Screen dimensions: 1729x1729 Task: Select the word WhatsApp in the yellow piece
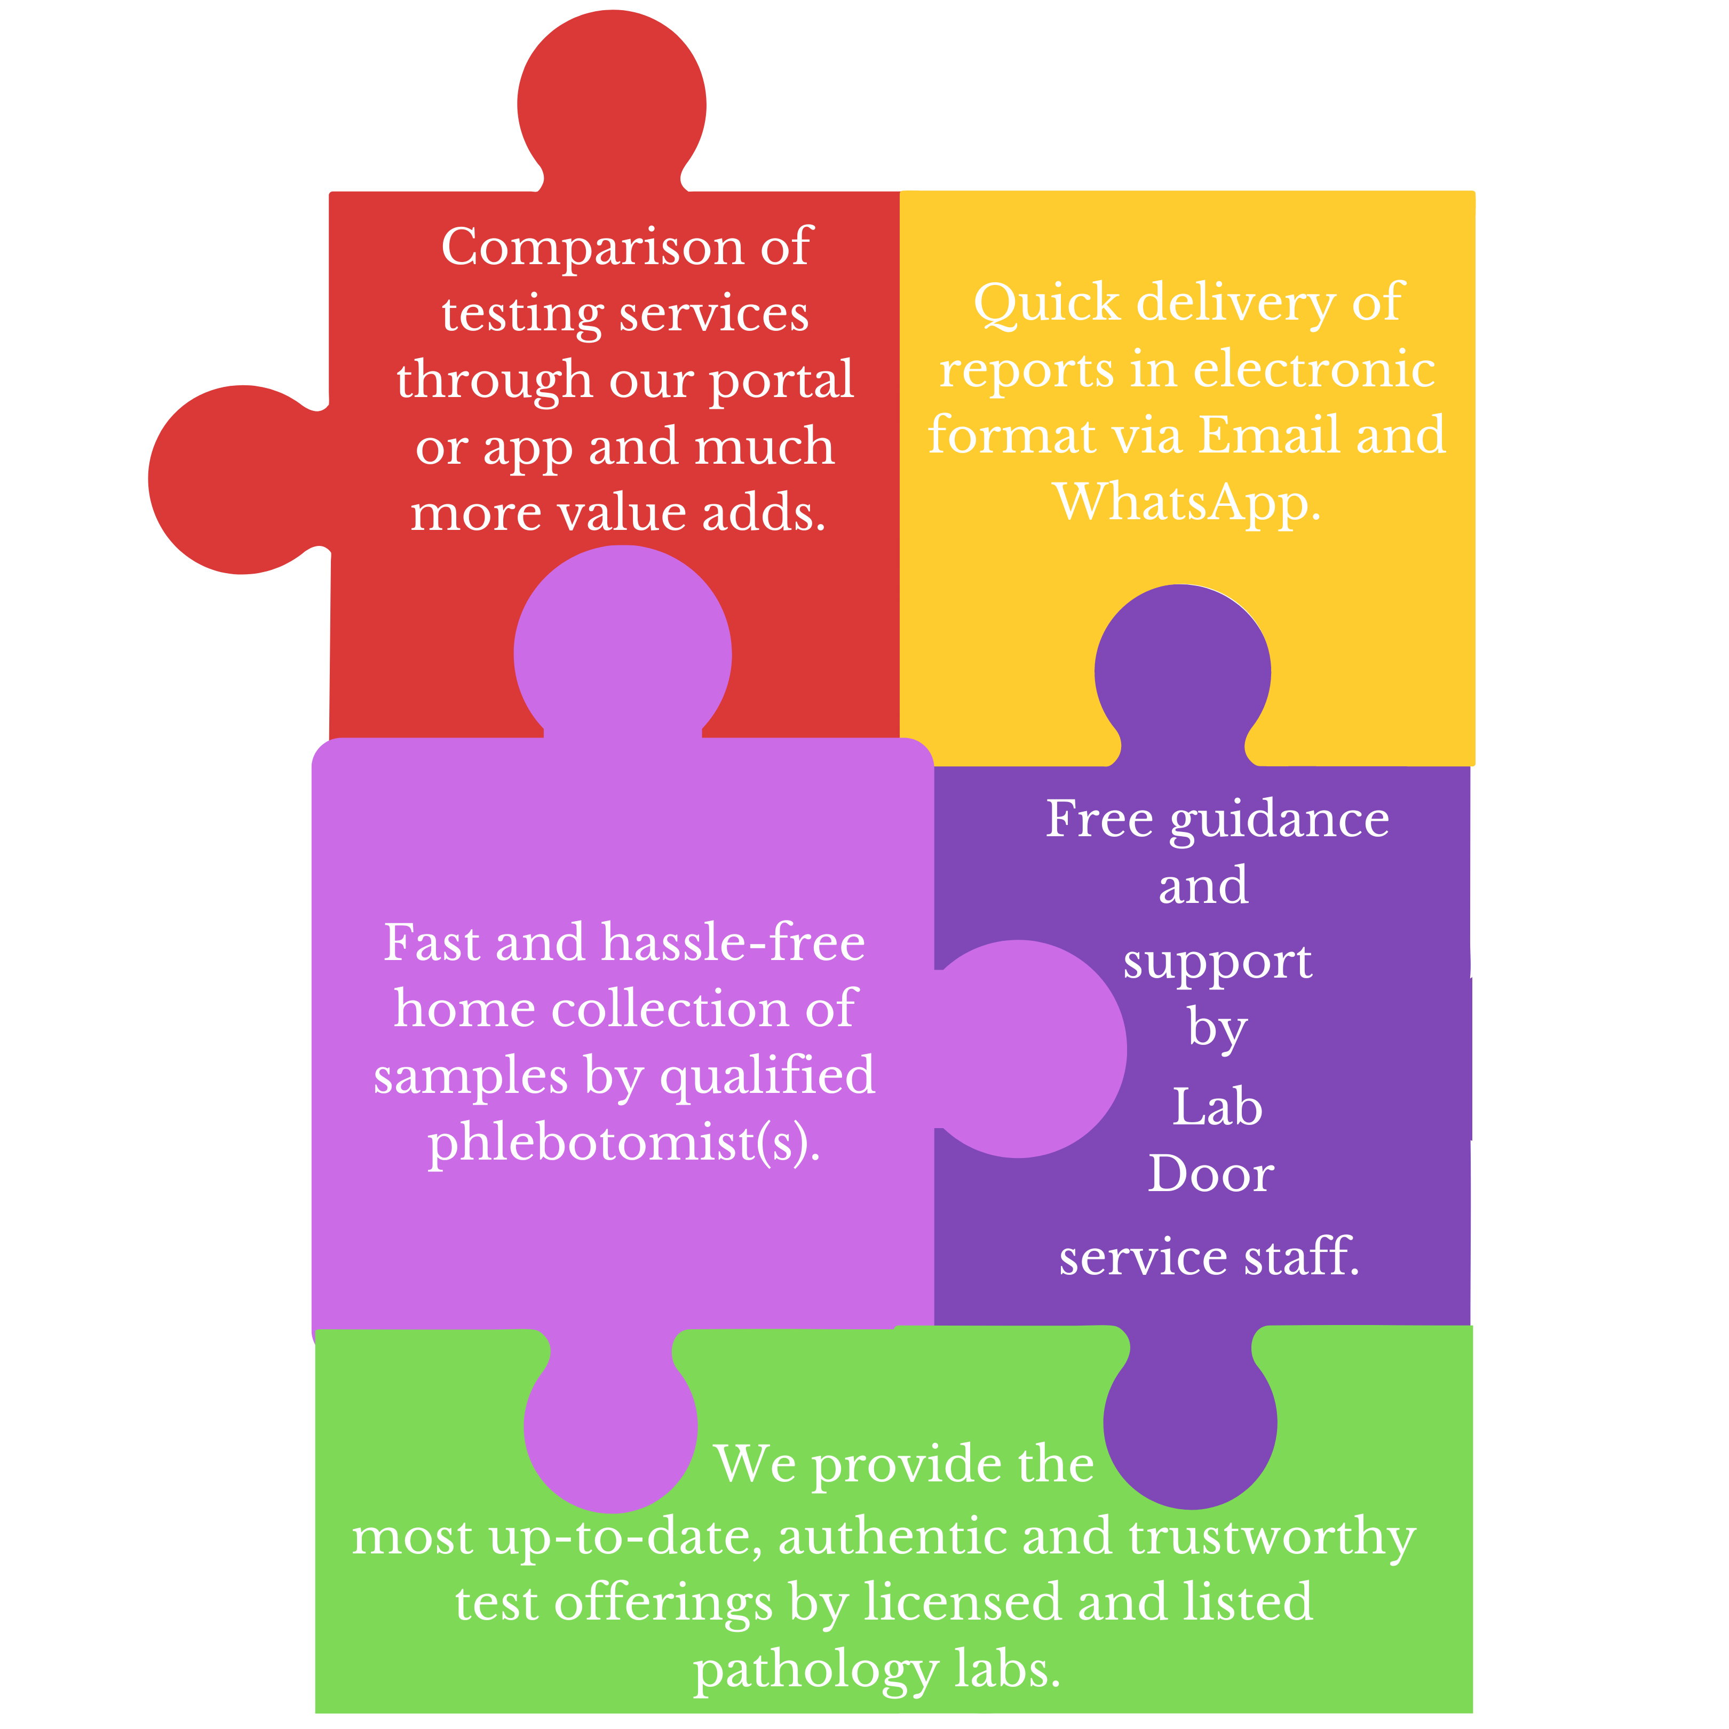click(1187, 503)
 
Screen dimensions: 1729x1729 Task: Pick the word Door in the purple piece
click(1211, 1174)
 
